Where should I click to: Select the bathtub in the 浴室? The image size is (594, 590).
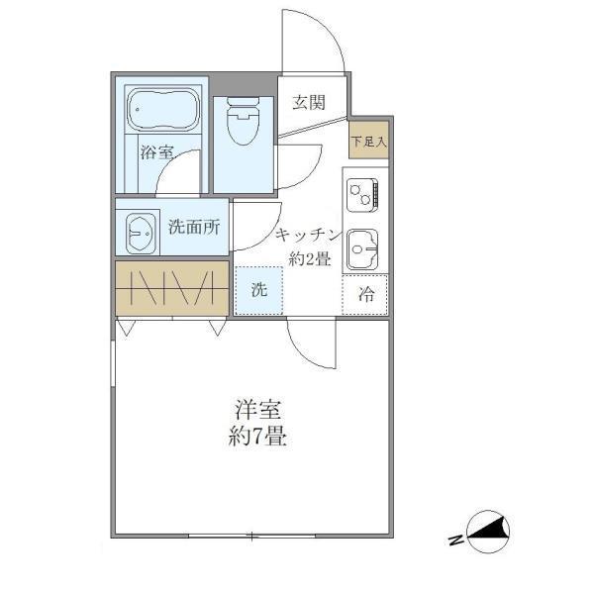163,110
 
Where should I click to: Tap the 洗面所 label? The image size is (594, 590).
194,227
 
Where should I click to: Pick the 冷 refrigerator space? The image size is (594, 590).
366,294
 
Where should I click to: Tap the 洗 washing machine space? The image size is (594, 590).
257,291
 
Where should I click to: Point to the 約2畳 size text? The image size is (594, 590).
310,258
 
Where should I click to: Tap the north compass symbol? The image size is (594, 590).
489,534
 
